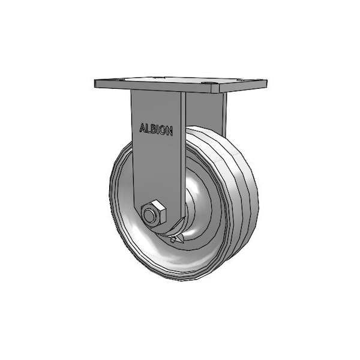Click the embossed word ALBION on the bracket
[x=156, y=129]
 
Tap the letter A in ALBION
[x=142, y=128]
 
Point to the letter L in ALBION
[x=148, y=128]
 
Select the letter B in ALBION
[x=154, y=129]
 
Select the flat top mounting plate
[x=180, y=83]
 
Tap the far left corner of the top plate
[x=95, y=82]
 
